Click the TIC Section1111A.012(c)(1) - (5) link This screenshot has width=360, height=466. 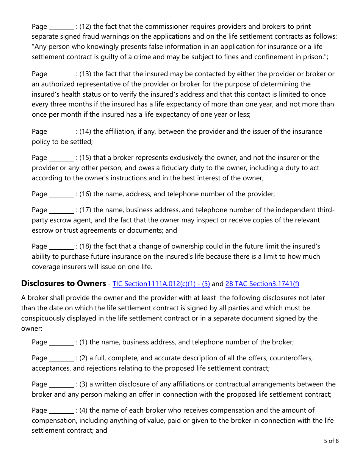click(x=161, y=284)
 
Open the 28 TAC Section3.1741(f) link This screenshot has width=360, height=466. click(x=262, y=284)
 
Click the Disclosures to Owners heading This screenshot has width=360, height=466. click(x=63, y=283)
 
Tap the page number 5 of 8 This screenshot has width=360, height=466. click(x=331, y=441)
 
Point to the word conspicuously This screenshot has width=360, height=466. click(x=44, y=318)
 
